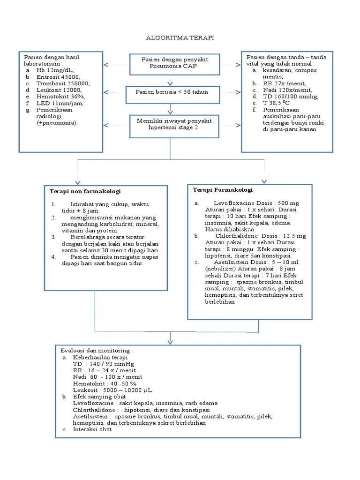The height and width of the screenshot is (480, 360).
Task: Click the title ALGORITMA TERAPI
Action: (180, 38)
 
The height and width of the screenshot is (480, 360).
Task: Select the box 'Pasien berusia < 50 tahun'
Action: (172, 92)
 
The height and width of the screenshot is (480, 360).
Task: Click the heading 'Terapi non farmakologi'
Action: (85, 191)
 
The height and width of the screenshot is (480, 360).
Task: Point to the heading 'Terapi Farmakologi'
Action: (223, 190)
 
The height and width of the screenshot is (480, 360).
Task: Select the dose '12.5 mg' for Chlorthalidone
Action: (295, 236)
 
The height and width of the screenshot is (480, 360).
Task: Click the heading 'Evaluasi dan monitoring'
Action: (97, 350)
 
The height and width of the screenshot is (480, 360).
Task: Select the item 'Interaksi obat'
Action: (92, 429)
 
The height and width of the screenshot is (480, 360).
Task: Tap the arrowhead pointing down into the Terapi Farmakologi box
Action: (264, 181)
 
